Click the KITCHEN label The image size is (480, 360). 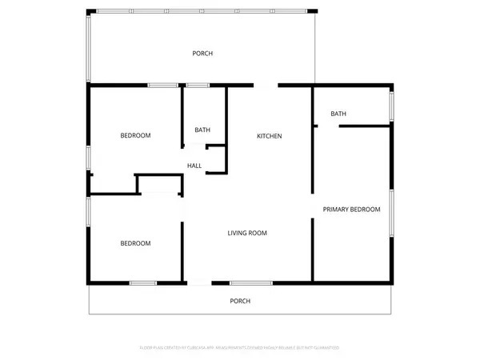(269, 136)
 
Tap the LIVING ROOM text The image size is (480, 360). (246, 233)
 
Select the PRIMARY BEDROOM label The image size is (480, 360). (351, 210)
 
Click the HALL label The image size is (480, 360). (194, 166)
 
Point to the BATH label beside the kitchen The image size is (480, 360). (202, 130)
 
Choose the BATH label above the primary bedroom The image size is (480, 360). (338, 114)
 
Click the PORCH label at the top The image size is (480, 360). (202, 54)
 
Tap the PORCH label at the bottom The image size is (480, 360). (240, 301)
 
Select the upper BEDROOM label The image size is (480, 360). (135, 135)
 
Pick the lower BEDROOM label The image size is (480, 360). (135, 243)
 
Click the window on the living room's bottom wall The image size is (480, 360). (250, 282)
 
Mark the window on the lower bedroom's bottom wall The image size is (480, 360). (143, 282)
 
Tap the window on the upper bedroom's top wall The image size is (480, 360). (162, 85)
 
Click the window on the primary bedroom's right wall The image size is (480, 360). (391, 213)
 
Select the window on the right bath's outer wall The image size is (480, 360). (391, 106)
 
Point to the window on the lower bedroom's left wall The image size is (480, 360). (89, 218)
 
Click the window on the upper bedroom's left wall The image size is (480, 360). (89, 156)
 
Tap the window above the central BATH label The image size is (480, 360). (198, 85)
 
